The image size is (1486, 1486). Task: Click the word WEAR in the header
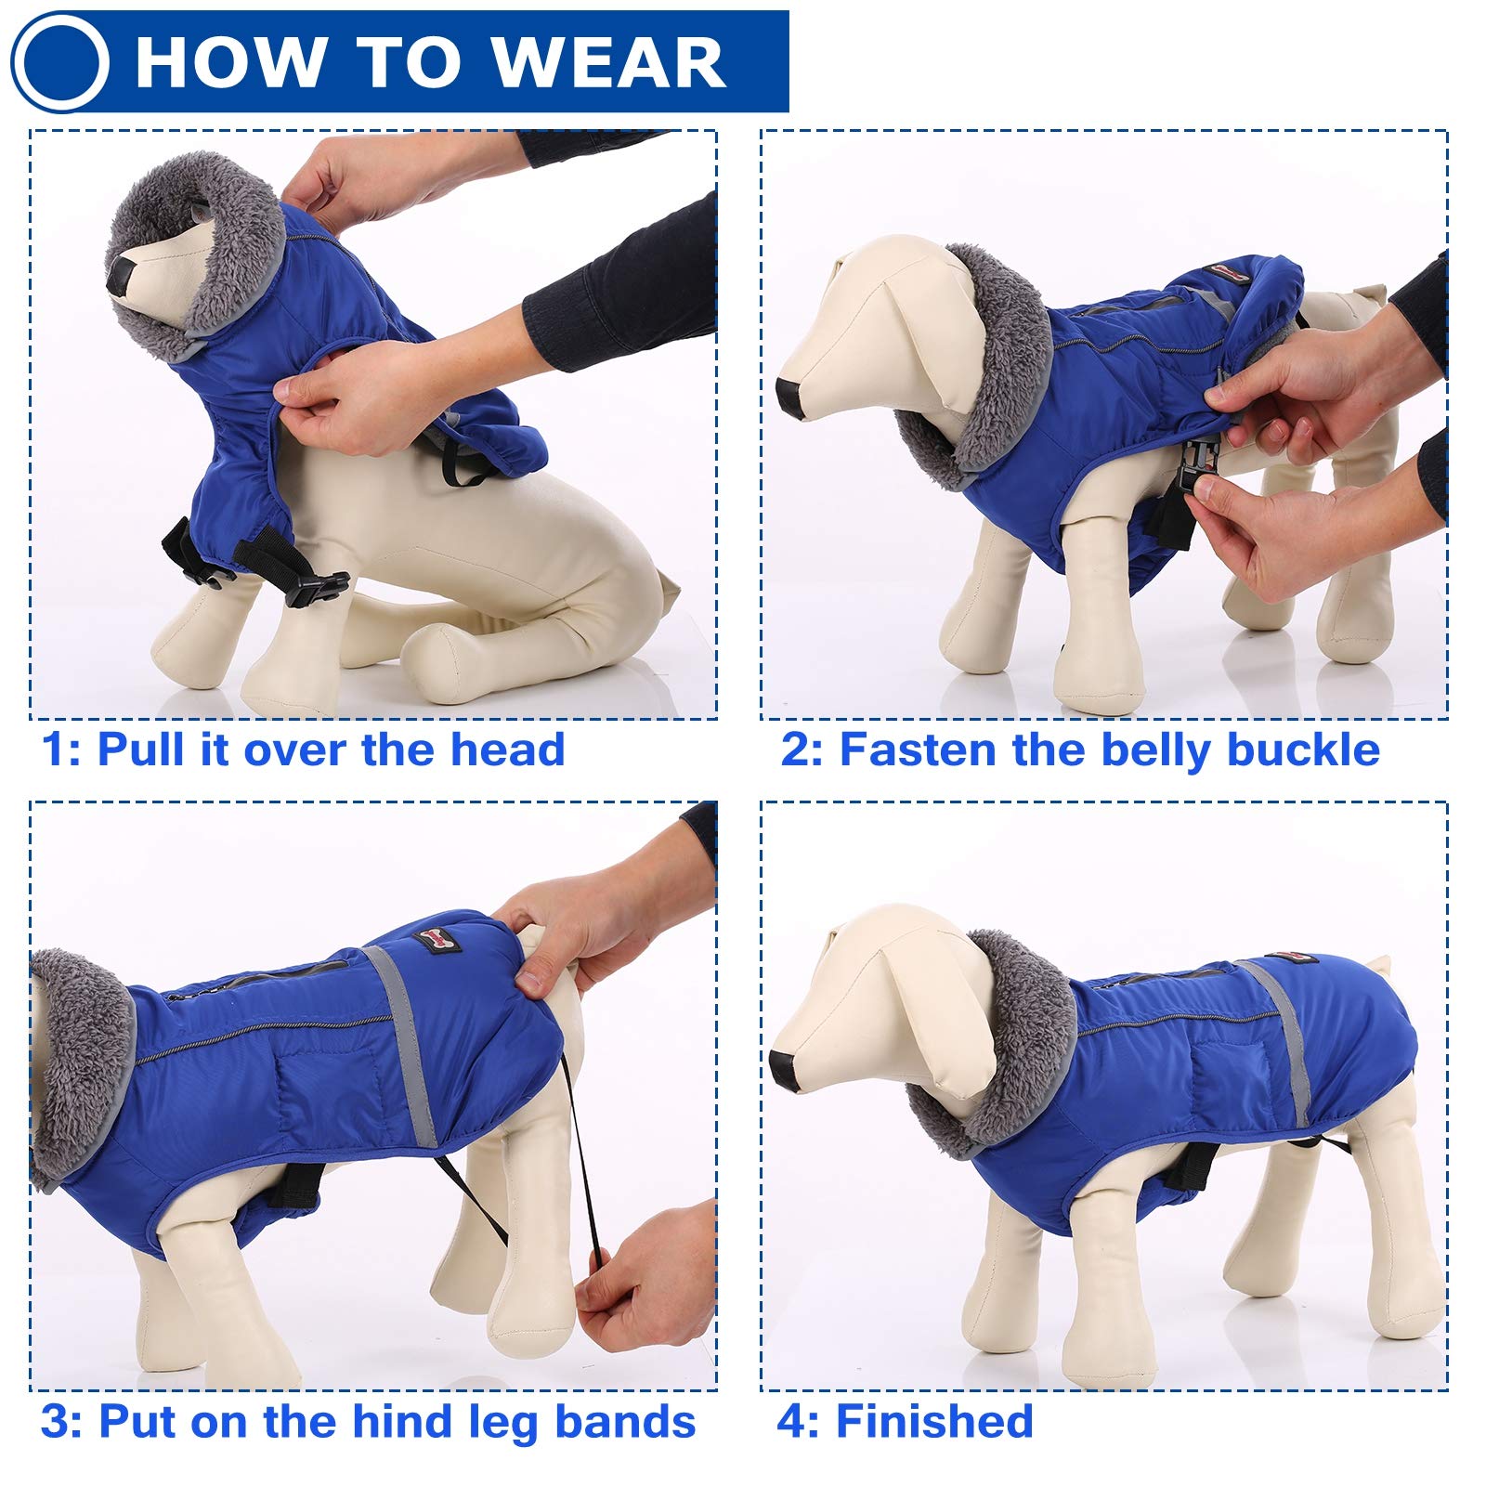click(x=608, y=62)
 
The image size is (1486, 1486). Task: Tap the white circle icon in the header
click(x=61, y=62)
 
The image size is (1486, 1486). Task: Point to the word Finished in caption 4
click(x=934, y=1421)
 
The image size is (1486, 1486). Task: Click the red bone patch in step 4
click(x=1294, y=961)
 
